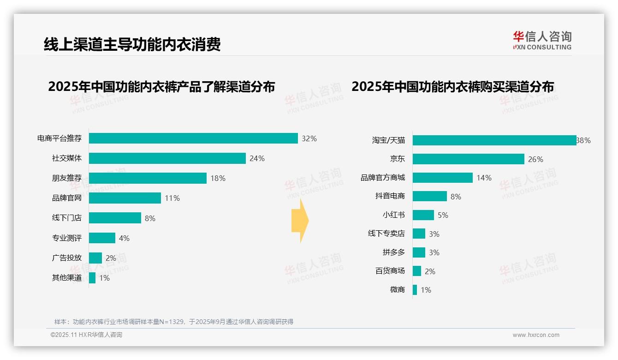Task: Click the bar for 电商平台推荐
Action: click(193, 138)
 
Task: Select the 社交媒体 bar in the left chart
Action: click(167, 158)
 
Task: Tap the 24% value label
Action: click(257, 159)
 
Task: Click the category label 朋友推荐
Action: click(66, 178)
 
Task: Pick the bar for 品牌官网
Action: click(125, 198)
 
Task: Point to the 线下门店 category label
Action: click(66, 218)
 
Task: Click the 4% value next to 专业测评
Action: click(124, 238)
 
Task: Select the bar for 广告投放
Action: click(95, 258)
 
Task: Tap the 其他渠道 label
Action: click(66, 278)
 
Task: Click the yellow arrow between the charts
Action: click(300, 221)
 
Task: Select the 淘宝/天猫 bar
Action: click(494, 140)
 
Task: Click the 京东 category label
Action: click(397, 159)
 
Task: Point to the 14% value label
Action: click(484, 178)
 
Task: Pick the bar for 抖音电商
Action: click(429, 196)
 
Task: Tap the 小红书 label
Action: click(393, 215)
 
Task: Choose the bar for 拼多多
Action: click(419, 252)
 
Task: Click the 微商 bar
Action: click(415, 290)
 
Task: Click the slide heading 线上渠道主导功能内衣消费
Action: click(132, 44)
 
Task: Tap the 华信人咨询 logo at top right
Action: click(542, 40)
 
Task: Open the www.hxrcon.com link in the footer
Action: click(535, 335)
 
